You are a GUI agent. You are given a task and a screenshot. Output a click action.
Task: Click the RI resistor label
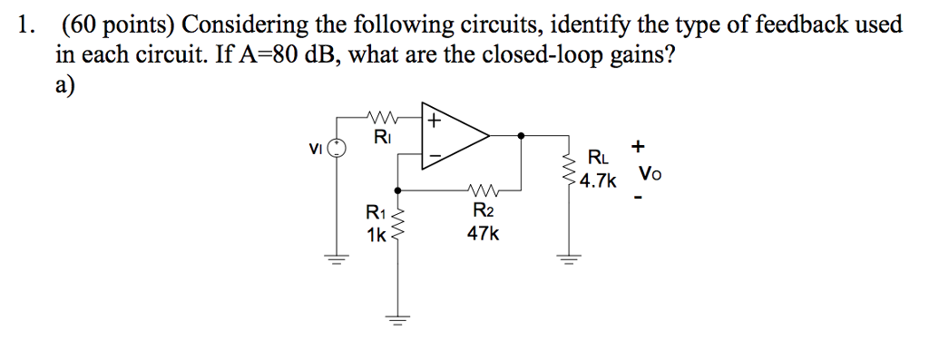(x=382, y=138)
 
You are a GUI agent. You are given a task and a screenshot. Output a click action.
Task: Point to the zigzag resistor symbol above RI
(x=382, y=117)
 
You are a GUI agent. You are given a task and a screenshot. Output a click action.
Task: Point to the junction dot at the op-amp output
(x=520, y=137)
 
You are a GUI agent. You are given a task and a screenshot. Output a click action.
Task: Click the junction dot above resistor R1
(x=396, y=190)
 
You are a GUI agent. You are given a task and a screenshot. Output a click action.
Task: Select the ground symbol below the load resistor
(x=570, y=260)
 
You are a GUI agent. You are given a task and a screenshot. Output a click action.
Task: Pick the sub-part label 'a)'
(x=66, y=84)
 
